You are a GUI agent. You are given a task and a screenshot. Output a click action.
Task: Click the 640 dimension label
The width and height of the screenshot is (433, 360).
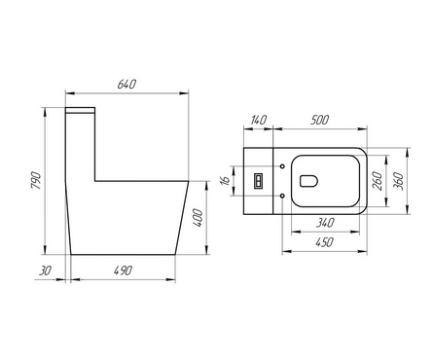(x=126, y=84)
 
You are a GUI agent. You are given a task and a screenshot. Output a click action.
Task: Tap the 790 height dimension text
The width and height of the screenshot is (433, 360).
(x=36, y=181)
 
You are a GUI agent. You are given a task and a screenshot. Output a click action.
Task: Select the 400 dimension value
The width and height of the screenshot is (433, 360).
(x=198, y=218)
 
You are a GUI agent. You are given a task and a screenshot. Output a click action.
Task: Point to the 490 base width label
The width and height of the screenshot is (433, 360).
(x=123, y=270)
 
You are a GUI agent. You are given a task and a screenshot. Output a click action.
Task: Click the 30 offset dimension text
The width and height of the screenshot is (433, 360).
(x=45, y=270)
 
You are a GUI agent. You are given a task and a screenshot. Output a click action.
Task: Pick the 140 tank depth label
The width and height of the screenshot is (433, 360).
(x=259, y=120)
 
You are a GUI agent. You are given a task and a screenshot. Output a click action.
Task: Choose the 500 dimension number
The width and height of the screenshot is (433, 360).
(x=319, y=120)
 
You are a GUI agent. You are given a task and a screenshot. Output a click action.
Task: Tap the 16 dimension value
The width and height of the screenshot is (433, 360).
(x=225, y=180)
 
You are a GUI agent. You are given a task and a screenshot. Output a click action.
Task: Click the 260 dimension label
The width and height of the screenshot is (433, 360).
(x=378, y=181)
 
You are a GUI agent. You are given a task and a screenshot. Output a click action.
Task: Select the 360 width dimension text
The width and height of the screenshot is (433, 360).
(x=399, y=181)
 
